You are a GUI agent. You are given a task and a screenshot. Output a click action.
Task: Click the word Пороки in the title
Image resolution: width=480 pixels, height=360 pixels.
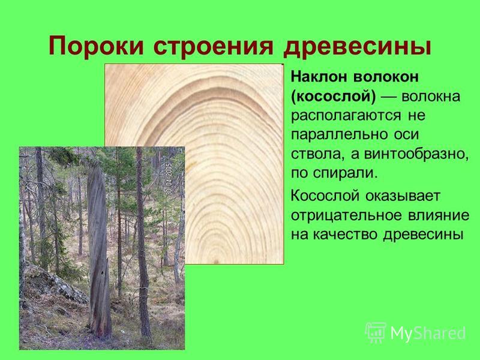click(x=96, y=47)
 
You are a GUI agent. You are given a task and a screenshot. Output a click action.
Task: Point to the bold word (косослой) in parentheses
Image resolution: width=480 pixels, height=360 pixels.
click(x=333, y=97)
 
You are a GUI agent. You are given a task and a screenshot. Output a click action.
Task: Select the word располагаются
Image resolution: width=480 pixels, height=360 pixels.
click(x=346, y=116)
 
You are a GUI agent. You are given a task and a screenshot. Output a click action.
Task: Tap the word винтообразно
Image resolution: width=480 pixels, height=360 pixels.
click(x=416, y=154)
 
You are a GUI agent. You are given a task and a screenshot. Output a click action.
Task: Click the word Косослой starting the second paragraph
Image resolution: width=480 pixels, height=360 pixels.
click(x=325, y=196)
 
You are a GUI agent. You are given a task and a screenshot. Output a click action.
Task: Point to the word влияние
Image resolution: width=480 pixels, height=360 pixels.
click(x=439, y=215)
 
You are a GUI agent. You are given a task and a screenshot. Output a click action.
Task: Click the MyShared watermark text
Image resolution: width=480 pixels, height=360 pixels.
click(x=428, y=332)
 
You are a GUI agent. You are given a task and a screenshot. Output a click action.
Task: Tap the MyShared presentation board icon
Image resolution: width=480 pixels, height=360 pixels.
click(x=376, y=332)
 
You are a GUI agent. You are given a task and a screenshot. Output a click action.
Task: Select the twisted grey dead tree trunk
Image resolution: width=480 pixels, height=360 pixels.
click(x=98, y=251)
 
